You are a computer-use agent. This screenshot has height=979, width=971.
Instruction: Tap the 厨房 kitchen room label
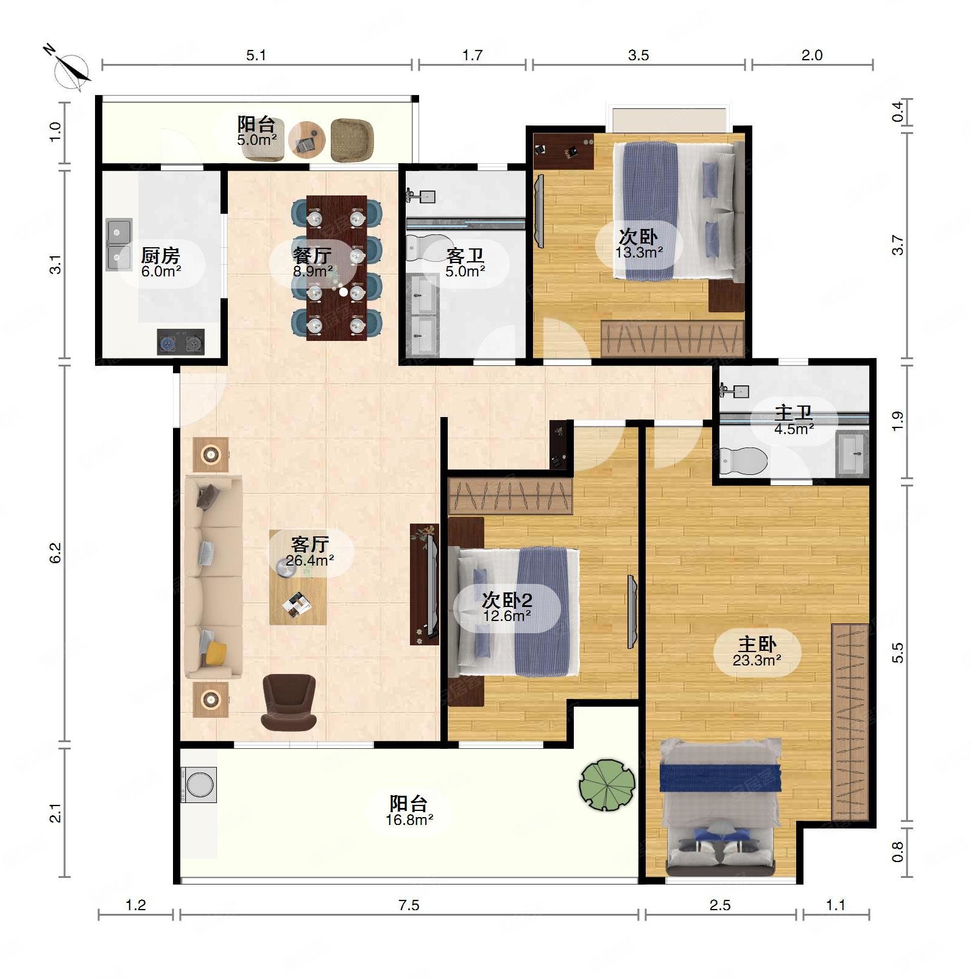[161, 255]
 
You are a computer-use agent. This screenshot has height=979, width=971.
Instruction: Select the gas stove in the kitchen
[181, 342]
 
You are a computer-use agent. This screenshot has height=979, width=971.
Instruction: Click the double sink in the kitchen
[119, 244]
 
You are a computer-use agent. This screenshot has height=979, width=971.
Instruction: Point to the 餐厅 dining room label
[312, 255]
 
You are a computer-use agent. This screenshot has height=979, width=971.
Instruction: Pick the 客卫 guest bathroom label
[465, 255]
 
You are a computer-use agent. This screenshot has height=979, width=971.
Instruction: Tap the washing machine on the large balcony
[199, 784]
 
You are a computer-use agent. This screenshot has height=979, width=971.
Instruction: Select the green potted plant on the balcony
[607, 784]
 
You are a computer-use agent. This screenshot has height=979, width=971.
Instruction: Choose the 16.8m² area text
[409, 820]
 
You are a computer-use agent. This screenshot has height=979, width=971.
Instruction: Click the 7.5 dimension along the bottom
[409, 905]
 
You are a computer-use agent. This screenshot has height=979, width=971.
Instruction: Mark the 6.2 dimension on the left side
[55, 553]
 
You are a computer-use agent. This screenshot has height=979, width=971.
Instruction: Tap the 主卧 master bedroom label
[757, 644]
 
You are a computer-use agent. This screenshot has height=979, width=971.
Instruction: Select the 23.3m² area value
[757, 660]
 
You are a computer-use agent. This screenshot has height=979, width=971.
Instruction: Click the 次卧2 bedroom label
[507, 600]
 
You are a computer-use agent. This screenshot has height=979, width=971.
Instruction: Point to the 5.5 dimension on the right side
[897, 653]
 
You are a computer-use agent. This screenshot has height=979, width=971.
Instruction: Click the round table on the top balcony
[307, 140]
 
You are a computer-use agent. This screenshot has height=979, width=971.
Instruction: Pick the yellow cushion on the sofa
[216, 653]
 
